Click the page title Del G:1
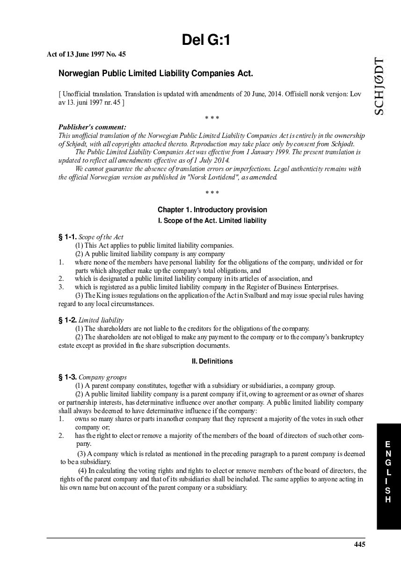206,41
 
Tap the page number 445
359,544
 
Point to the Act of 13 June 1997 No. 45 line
86,54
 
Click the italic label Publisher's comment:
92,127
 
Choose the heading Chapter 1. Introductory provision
212,210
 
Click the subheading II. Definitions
212,361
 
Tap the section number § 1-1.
67,237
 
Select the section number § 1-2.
67,320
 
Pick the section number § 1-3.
67,377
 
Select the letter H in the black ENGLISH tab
388,500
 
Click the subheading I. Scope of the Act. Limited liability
212,221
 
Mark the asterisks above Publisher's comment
212,118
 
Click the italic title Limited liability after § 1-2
101,320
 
